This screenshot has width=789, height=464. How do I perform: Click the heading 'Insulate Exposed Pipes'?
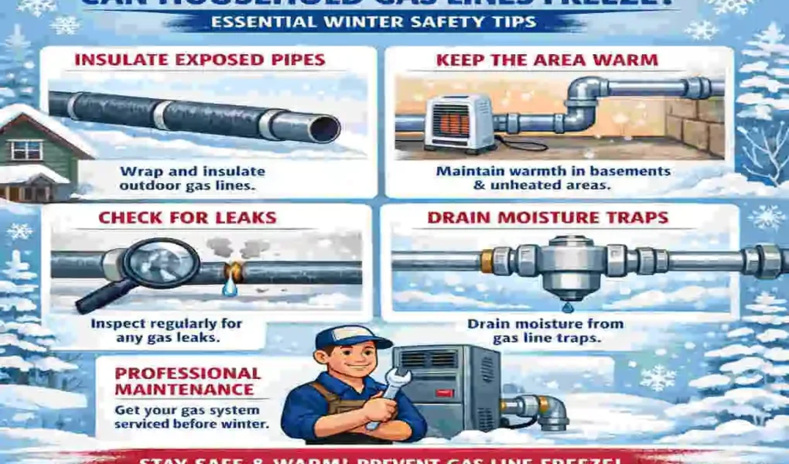point(200,60)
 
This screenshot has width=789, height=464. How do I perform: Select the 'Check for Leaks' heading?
point(187,218)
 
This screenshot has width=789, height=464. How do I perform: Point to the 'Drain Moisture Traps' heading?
point(548,218)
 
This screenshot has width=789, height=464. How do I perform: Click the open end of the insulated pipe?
point(324,127)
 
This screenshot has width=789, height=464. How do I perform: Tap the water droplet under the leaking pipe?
point(229,287)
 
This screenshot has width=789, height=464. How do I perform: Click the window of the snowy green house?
point(28,149)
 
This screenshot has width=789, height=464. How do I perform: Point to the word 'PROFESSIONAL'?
point(187,374)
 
